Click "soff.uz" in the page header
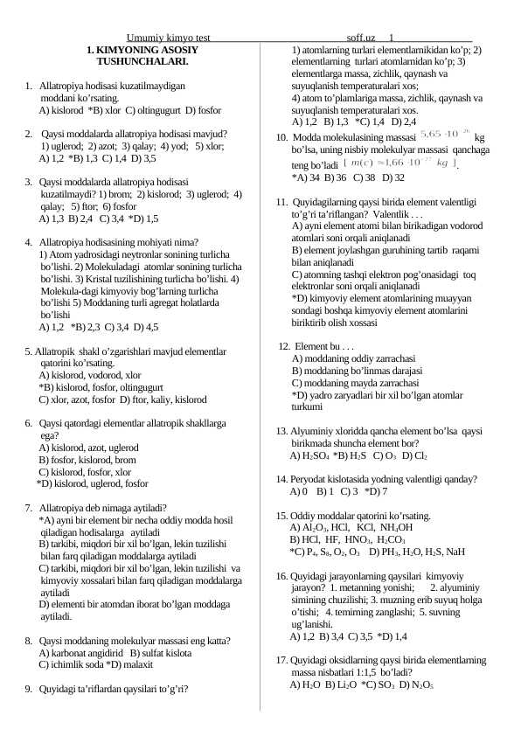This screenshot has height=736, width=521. (361, 38)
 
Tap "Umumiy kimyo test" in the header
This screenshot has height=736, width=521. (168, 38)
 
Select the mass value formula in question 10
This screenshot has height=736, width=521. (445, 135)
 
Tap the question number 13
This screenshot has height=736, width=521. (281, 432)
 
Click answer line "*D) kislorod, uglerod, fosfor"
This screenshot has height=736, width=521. (92, 483)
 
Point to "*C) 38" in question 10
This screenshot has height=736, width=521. (365, 177)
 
